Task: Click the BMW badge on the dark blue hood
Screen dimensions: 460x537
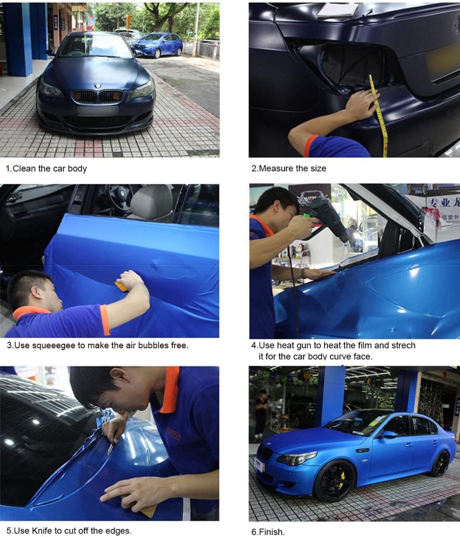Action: pos(98,85)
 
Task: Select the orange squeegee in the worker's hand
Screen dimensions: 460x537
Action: pos(121,286)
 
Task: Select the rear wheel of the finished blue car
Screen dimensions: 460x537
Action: pos(440,463)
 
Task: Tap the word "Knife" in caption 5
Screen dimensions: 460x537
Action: pos(42,530)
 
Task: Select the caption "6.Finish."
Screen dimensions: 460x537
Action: pos(268,532)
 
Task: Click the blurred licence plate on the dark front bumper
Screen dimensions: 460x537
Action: pos(98,111)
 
